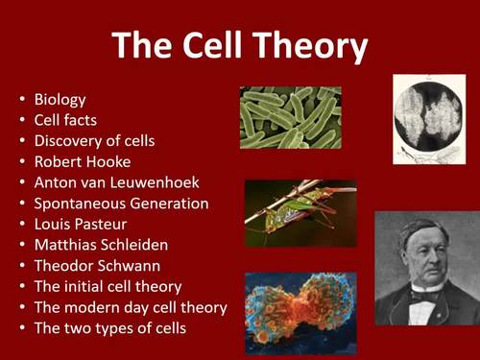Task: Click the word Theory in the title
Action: [306, 45]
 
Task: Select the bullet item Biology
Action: [60, 99]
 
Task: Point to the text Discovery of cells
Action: [94, 141]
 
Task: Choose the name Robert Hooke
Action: [82, 161]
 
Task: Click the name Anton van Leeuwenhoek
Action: [114, 182]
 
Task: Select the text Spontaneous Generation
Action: [121, 204]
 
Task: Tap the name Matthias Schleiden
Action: [101, 245]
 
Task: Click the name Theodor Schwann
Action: [97, 266]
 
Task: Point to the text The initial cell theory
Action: [108, 286]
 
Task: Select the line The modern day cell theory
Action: [130, 307]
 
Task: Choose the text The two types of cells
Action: [109, 328]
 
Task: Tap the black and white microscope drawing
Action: [428, 118]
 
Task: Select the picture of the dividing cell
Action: [300, 307]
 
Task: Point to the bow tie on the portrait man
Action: [420, 295]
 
